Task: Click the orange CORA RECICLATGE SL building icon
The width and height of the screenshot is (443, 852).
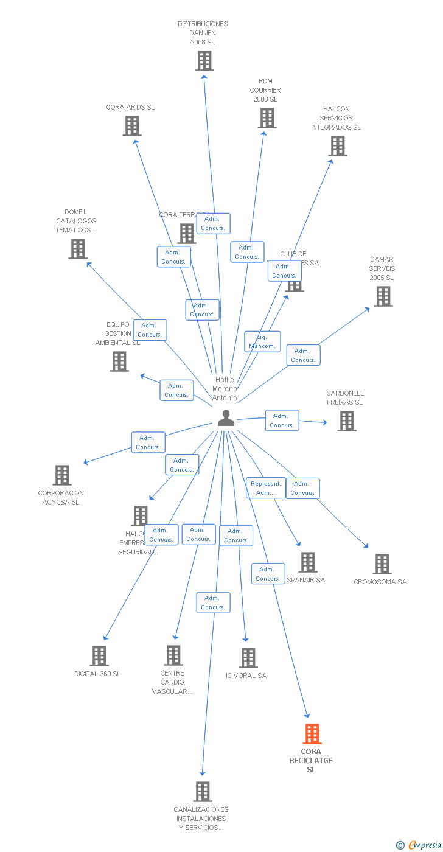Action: [312, 734]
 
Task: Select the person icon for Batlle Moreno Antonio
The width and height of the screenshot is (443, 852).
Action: [226, 417]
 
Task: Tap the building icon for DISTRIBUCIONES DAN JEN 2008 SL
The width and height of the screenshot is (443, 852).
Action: [204, 61]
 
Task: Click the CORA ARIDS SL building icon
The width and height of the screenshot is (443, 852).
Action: [132, 126]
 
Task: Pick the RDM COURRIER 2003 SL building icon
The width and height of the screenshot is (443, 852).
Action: [267, 118]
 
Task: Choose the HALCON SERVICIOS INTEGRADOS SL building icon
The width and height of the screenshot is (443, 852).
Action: [338, 146]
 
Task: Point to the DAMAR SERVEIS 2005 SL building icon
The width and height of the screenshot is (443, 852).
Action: [383, 296]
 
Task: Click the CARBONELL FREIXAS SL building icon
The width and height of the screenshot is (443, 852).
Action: [347, 421]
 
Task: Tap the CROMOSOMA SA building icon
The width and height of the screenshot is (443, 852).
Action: [382, 564]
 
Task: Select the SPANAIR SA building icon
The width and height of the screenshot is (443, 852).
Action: [308, 562]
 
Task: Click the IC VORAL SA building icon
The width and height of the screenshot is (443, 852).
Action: [248, 658]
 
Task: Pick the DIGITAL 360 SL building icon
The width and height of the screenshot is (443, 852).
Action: [99, 656]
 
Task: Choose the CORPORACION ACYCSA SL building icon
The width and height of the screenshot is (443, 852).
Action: [62, 475]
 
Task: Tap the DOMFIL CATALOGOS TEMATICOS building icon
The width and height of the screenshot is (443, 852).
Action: [77, 249]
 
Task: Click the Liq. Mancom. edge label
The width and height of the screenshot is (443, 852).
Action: [262, 341]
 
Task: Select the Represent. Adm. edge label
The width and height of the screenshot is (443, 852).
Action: [265, 488]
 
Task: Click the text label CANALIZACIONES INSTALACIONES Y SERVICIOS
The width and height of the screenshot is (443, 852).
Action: [201, 819]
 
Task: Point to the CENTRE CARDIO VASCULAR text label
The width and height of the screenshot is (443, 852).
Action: [172, 682]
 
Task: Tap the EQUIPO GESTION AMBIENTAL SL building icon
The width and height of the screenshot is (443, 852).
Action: [119, 361]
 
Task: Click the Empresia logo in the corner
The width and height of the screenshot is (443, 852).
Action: [420, 845]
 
